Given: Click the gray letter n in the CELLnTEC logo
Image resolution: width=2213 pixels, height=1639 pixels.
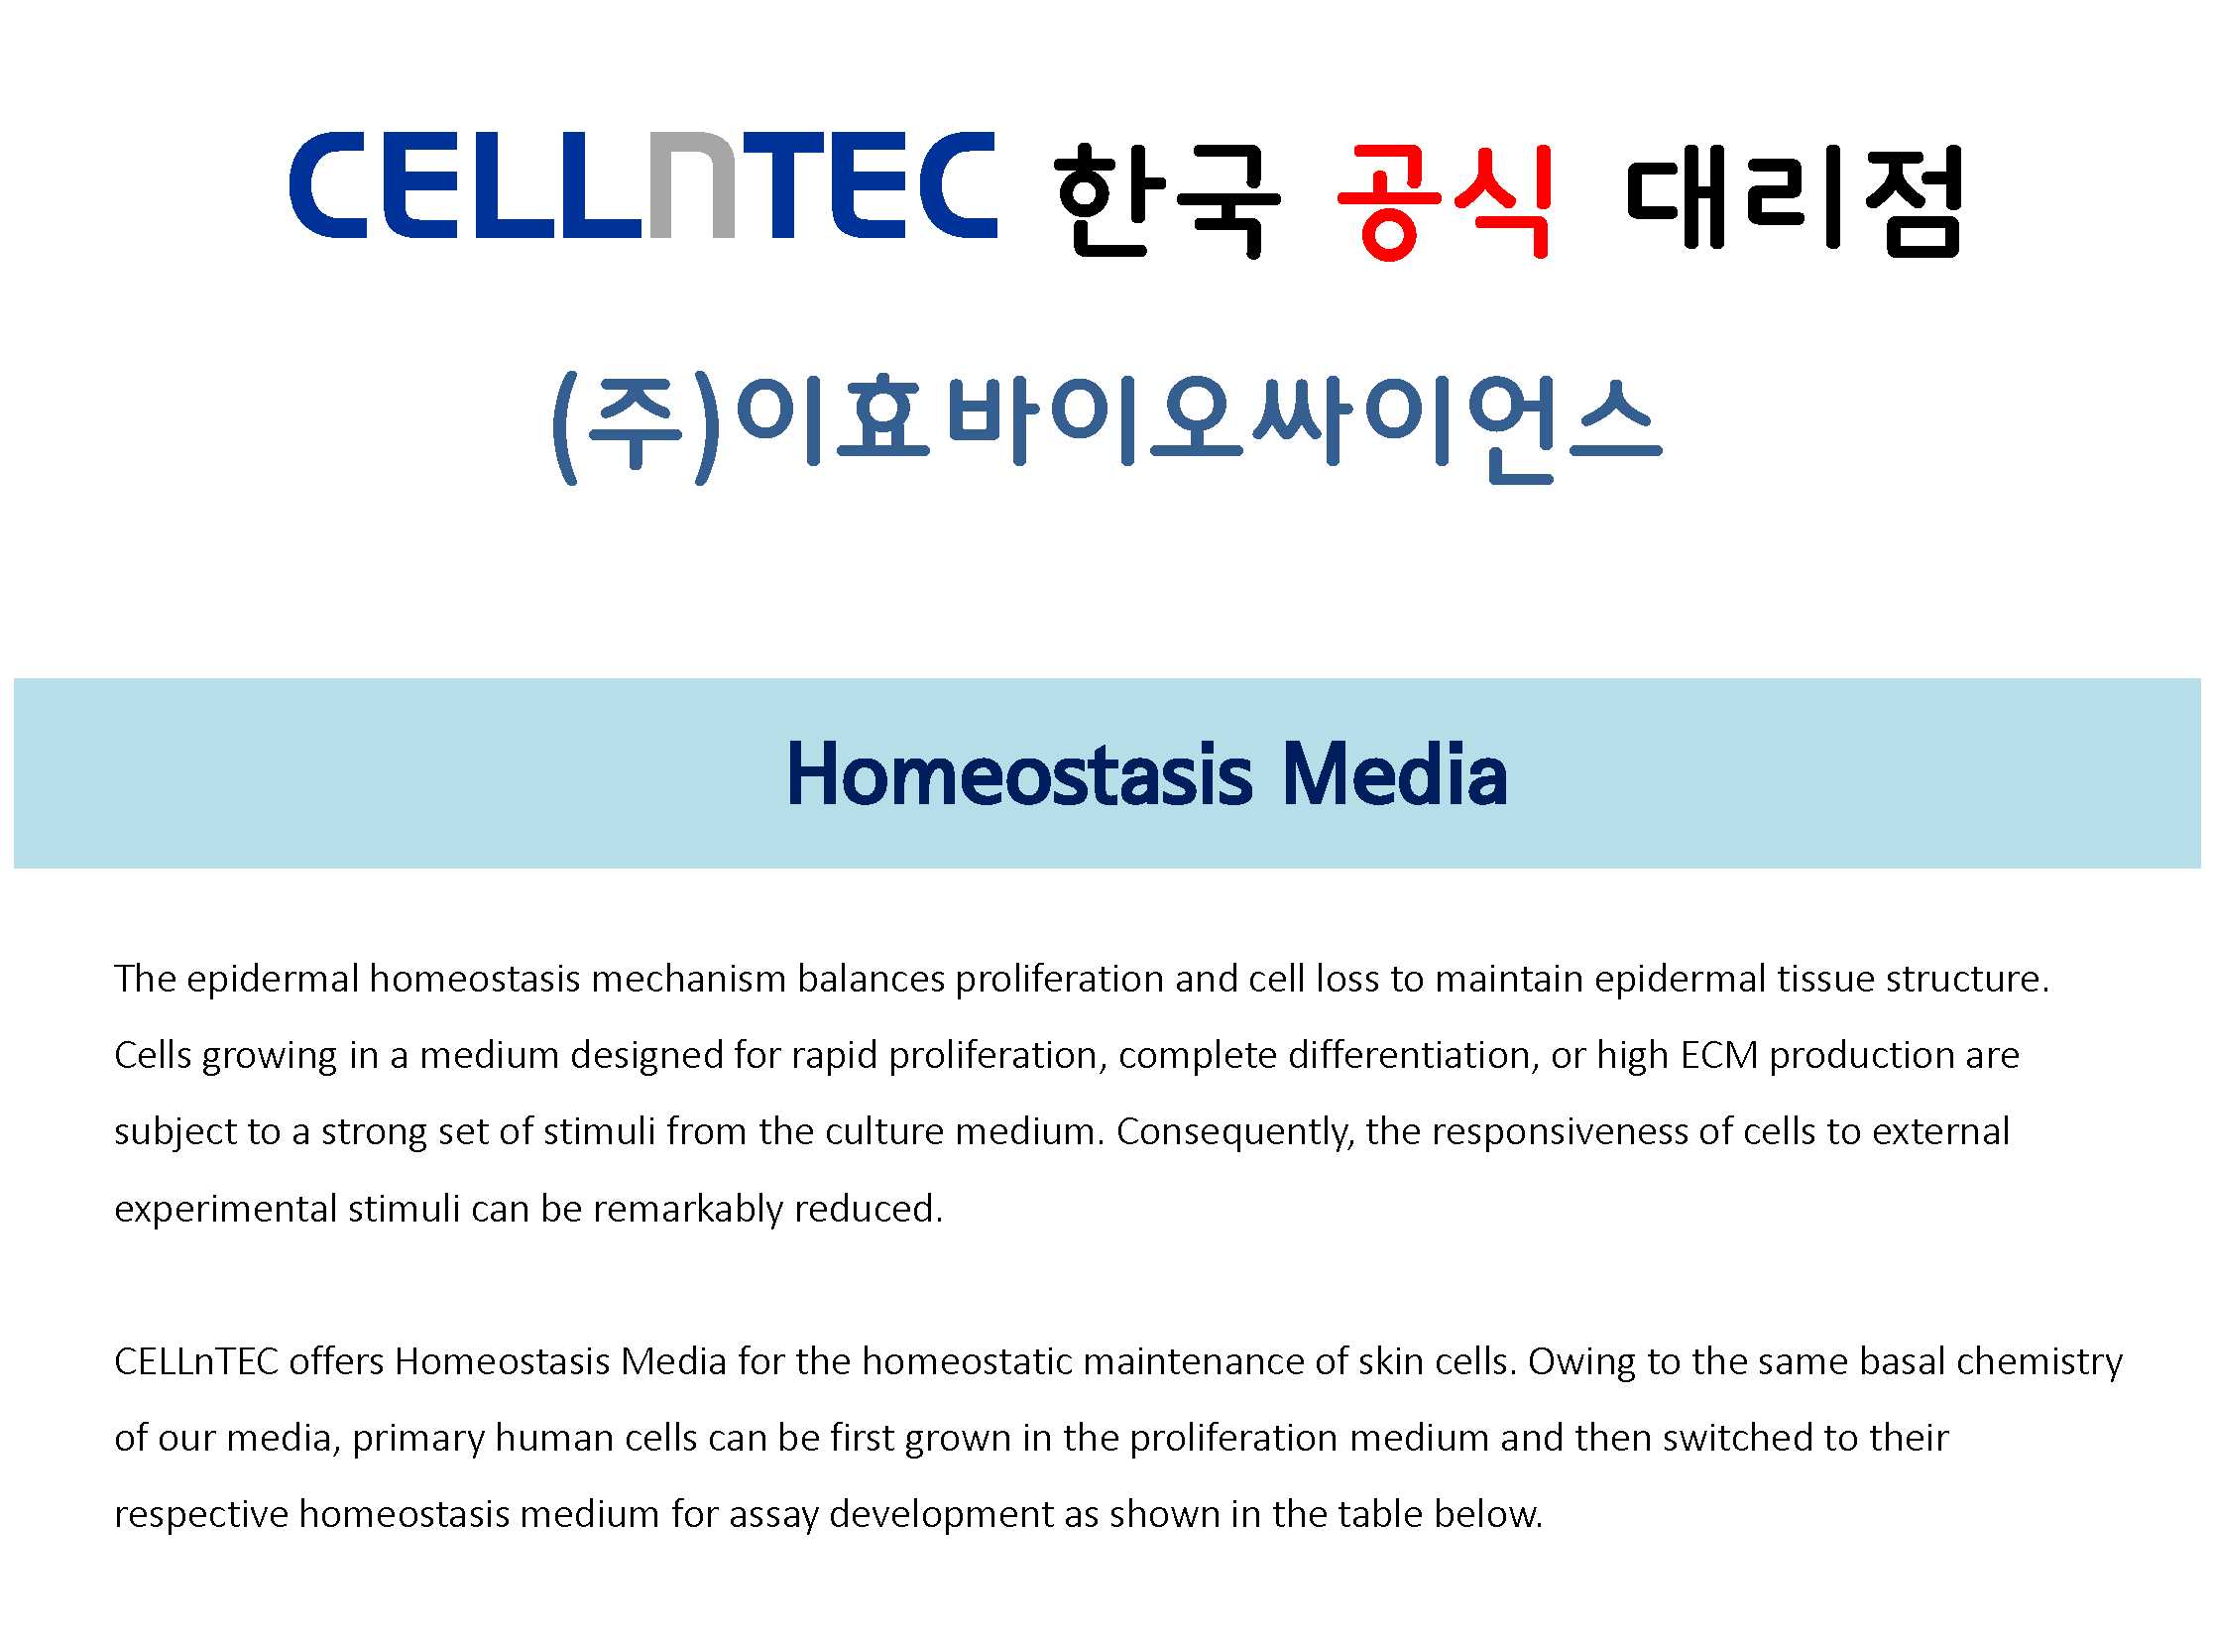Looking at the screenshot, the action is point(691,185).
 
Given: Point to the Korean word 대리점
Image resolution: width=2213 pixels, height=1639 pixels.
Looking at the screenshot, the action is point(1795,199).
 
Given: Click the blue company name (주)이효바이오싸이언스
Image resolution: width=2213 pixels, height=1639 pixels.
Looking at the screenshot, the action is point(1106,426).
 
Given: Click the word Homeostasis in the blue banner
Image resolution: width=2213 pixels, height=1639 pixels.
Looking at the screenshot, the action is point(1019,774).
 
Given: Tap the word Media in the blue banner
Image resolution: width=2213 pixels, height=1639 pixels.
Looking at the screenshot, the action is point(1395,774).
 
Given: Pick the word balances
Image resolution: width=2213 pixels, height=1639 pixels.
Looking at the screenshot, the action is point(871,980).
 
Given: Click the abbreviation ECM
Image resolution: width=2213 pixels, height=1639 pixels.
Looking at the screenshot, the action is point(1719,1056).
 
